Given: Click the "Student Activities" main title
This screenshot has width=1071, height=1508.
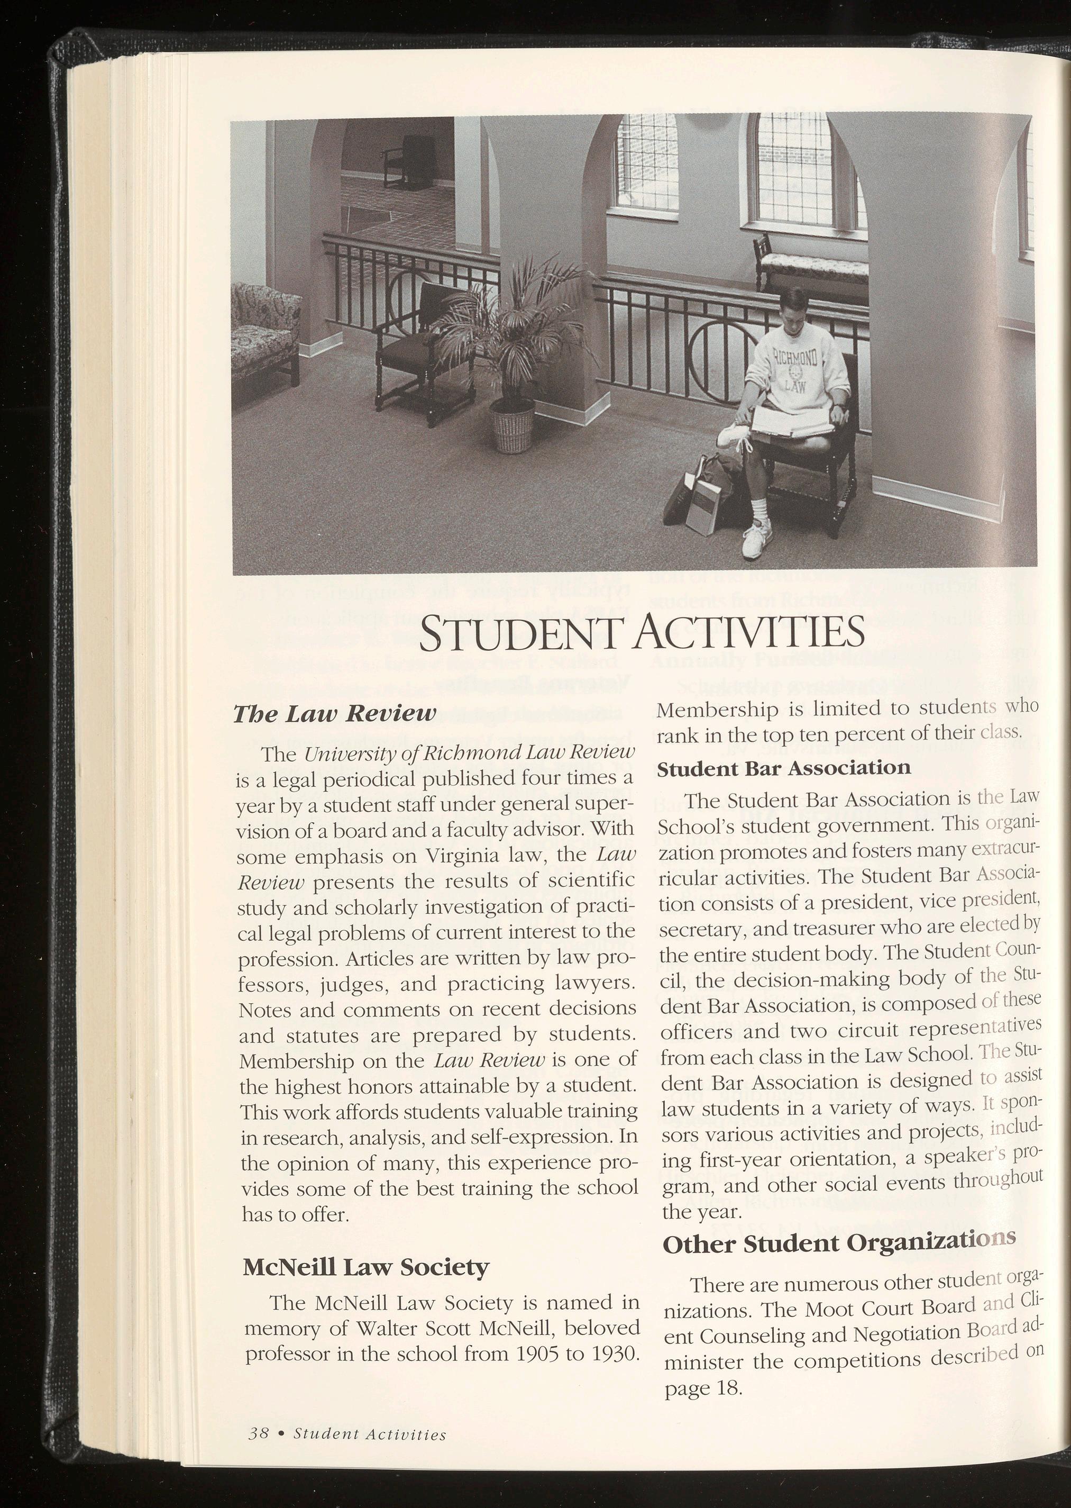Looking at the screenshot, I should [642, 631].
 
